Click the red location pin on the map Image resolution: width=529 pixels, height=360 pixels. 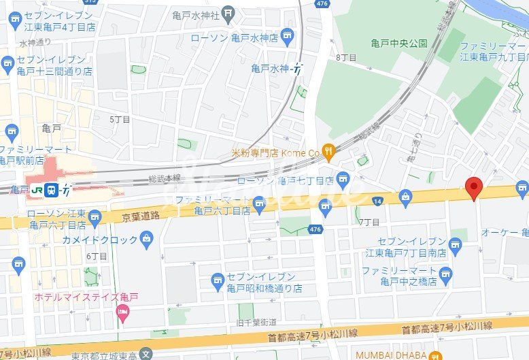(x=473, y=186)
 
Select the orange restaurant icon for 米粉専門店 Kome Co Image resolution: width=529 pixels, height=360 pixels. (x=328, y=152)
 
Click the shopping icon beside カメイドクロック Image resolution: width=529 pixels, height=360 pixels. (x=146, y=238)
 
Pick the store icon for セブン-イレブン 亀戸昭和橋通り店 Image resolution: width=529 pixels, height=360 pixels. (x=218, y=279)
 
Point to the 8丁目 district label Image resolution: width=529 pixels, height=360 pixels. (x=346, y=58)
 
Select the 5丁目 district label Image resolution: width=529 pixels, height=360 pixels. (x=120, y=119)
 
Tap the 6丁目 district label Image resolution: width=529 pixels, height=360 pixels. (x=97, y=256)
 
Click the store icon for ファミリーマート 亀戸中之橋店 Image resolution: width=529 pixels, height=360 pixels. (x=445, y=275)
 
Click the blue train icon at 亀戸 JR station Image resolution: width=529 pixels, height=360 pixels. (x=51, y=190)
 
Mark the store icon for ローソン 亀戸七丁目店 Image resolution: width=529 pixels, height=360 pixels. (x=343, y=180)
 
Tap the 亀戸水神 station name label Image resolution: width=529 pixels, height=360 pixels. (x=270, y=68)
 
